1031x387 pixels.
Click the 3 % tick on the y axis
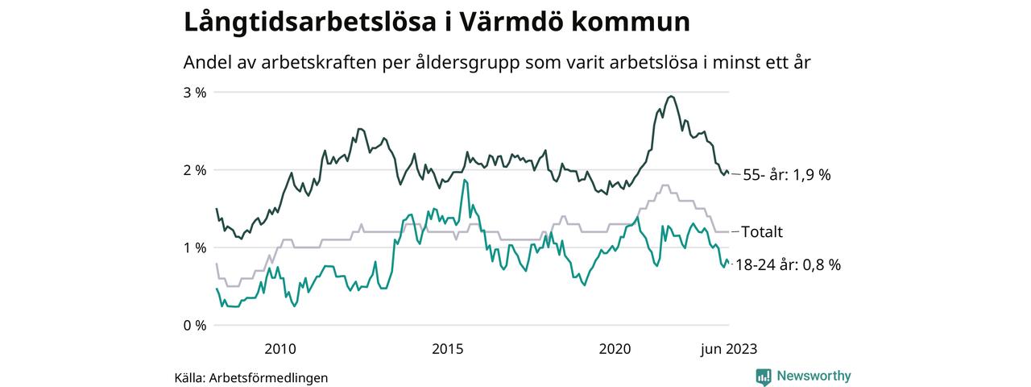[195, 93]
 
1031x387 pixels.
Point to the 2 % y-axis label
[195, 170]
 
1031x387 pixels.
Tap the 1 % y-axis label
[195, 248]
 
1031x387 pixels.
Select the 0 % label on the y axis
[195, 325]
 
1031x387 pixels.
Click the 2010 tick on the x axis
[279, 349]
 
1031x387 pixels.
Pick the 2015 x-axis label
[447, 349]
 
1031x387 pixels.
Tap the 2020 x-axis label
[615, 349]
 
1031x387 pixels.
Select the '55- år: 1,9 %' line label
[786, 174]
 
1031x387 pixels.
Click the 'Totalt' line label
[762, 232]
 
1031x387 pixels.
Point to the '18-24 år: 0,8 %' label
[788, 264]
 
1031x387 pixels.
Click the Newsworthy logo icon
[764, 376]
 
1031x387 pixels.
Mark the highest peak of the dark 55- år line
[671, 96]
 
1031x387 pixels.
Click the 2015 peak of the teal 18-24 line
[465, 180]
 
